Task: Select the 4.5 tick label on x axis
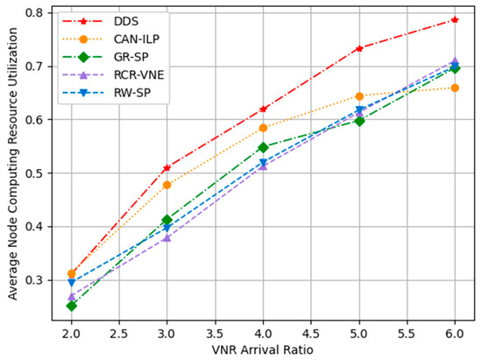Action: coord(311,333)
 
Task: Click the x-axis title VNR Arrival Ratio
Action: coord(263,349)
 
